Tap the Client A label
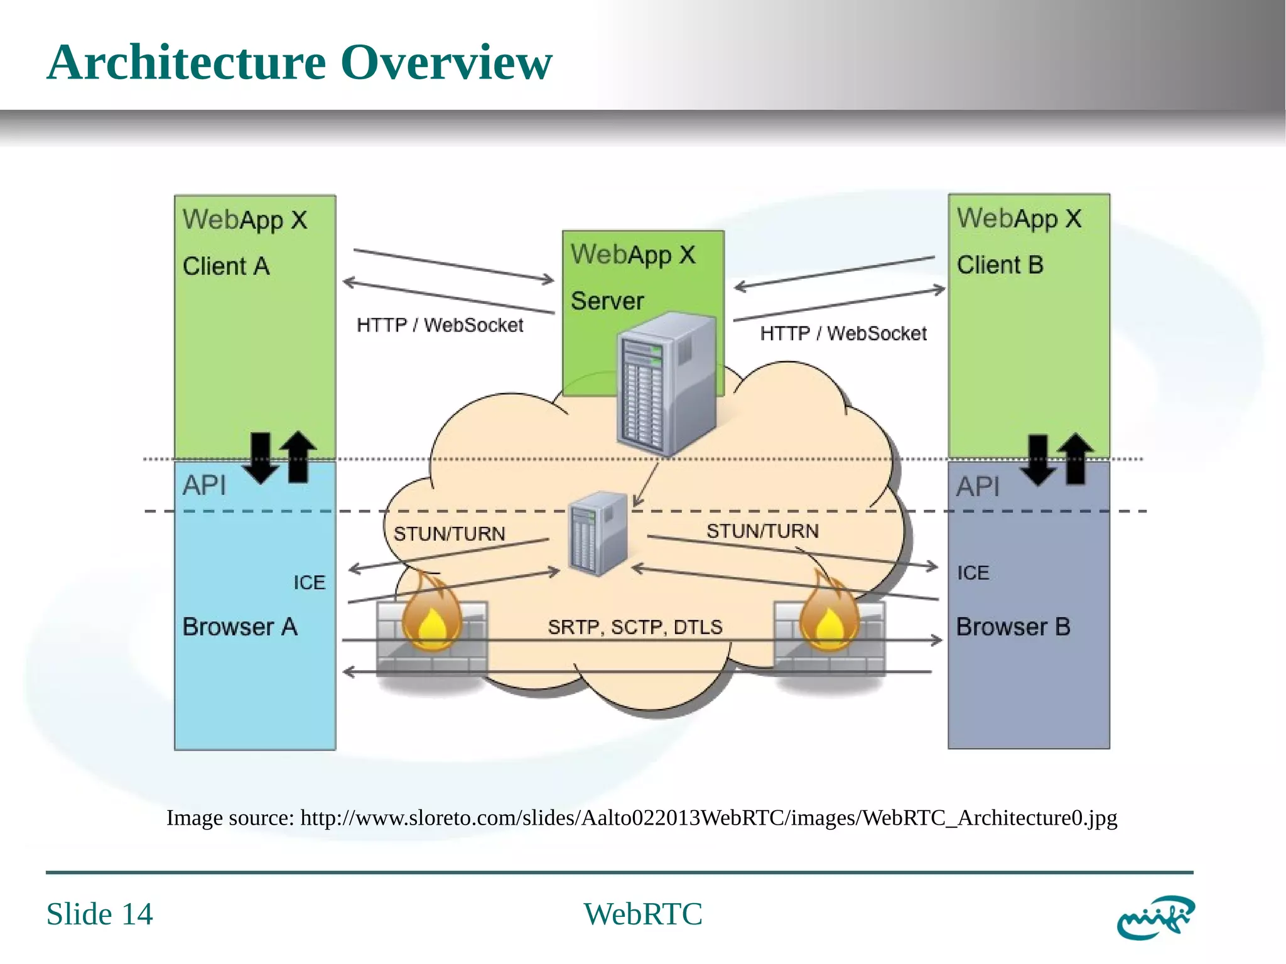tap(226, 266)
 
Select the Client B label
tap(1000, 264)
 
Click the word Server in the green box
tap(607, 301)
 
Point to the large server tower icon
tap(667, 384)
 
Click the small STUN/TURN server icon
tap(598, 534)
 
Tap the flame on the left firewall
tap(432, 615)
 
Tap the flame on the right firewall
tap(829, 615)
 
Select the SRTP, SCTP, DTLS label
tap(635, 627)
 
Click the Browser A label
tap(239, 627)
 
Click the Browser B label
tap(1013, 627)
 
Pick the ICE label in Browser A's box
tap(310, 583)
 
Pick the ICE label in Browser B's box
tap(973, 573)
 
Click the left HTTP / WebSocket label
tap(440, 325)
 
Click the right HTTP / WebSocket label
tap(843, 333)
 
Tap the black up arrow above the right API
tap(1076, 458)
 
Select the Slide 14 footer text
tap(99, 914)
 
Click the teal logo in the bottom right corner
tap(1155, 918)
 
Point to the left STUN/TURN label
tap(449, 534)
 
